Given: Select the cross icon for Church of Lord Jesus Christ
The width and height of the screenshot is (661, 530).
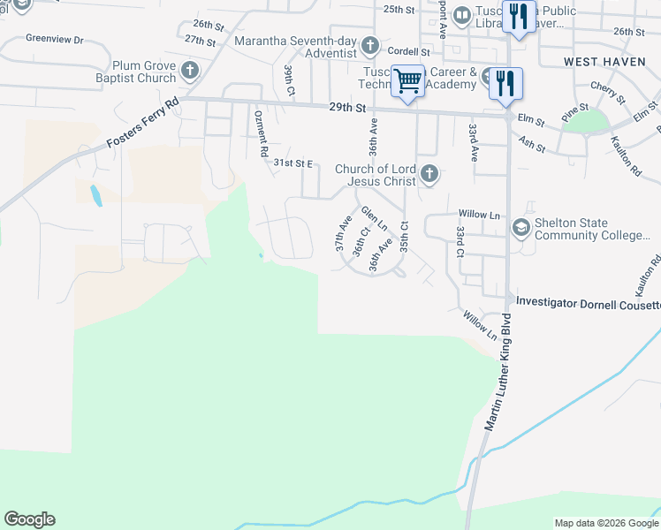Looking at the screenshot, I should coord(429,174).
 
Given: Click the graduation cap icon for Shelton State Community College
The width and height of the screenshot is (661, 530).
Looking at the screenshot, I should coord(520,230).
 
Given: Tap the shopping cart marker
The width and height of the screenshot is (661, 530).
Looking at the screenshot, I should coord(407,81).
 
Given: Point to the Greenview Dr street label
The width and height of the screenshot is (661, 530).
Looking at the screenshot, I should coord(54,40).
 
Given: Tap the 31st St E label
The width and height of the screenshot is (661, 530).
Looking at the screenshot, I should coord(294,163).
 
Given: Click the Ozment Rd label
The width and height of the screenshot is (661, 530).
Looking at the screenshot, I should coord(261,133).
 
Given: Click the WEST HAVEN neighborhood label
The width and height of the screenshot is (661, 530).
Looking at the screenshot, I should coord(605,61).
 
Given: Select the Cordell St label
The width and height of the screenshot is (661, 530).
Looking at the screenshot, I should coord(407,52).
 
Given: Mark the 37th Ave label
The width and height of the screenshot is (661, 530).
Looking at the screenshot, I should coord(343,231).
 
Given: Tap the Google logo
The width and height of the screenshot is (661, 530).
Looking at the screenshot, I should coord(29,519).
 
